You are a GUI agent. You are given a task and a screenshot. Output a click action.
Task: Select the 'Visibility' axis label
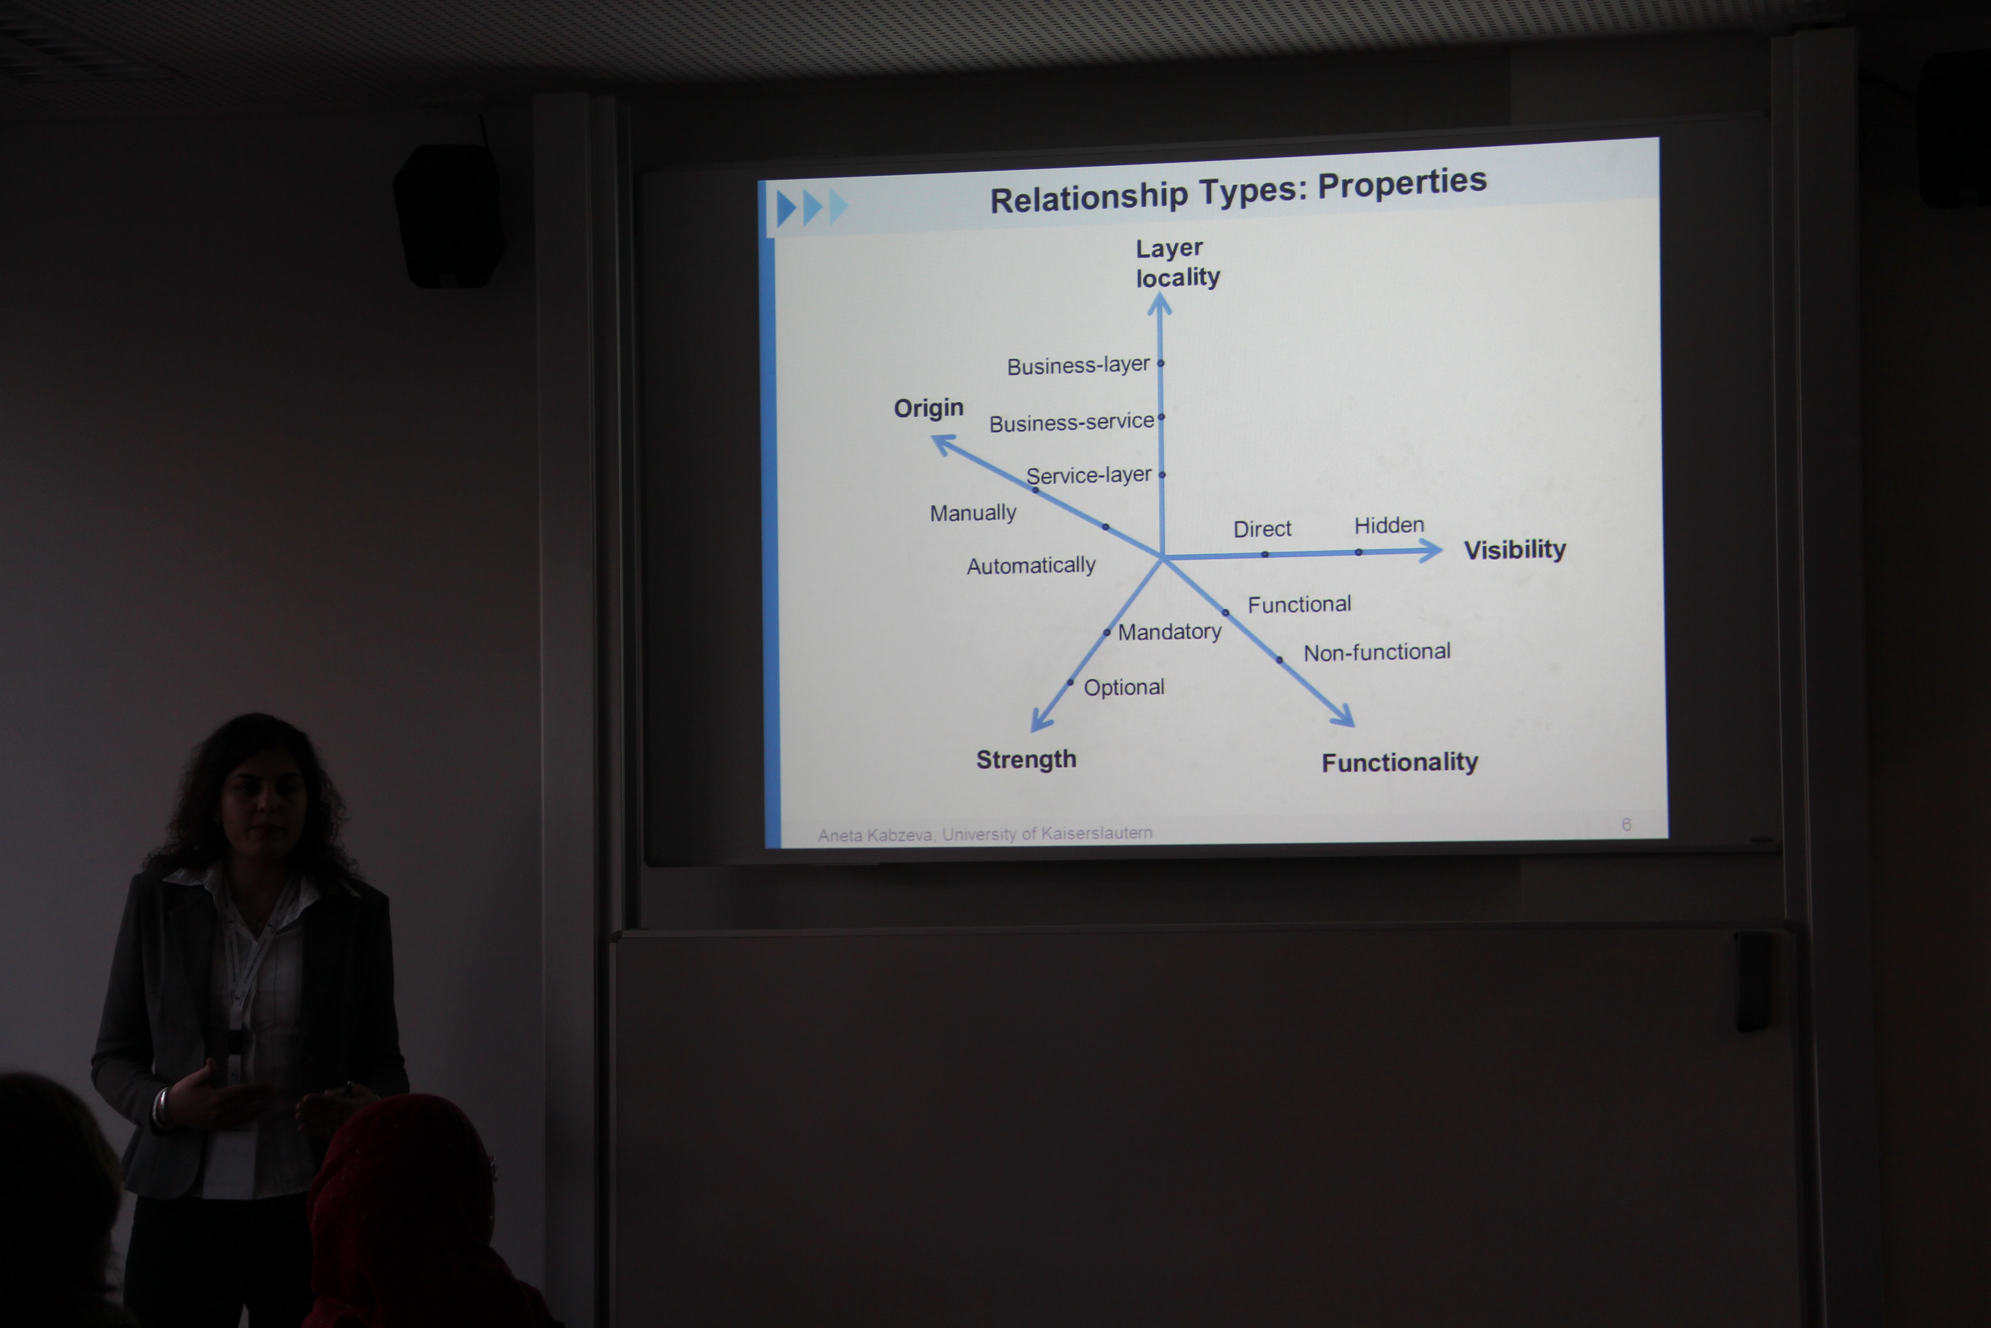pos(1515,549)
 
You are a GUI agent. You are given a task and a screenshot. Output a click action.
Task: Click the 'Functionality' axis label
pos(1400,762)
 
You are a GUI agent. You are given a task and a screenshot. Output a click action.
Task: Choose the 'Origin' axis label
pos(929,408)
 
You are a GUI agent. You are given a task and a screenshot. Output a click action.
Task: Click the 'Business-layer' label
pos(1078,366)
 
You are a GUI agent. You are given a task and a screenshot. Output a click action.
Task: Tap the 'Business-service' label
pos(1072,422)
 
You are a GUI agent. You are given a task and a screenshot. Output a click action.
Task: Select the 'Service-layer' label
pos(1088,475)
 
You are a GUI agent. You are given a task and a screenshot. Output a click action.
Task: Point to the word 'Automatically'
pos(1031,566)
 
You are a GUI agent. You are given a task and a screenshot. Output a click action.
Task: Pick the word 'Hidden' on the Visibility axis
pos(1389,525)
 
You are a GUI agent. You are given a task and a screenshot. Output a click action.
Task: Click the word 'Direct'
pos(1262,530)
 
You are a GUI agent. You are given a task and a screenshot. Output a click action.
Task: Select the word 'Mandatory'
pos(1170,632)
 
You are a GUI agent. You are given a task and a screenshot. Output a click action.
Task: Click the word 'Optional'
pos(1124,687)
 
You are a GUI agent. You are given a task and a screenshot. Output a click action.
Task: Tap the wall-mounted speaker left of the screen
pos(449,216)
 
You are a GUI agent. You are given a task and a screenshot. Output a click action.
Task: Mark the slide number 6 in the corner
pos(1626,824)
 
